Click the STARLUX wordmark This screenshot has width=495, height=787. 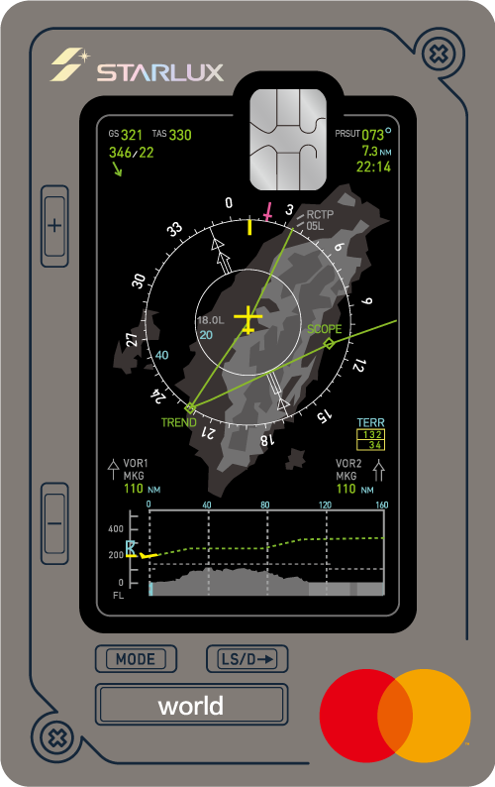pos(160,72)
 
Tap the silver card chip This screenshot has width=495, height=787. pos(288,140)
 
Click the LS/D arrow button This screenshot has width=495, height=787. pos(247,658)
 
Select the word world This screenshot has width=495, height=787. pos(191,706)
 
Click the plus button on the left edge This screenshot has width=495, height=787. pos(54,226)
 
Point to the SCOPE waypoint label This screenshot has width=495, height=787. pos(325,329)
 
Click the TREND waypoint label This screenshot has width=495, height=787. pos(178,422)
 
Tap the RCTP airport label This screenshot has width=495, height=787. pos(320,214)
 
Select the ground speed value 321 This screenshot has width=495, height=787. pos(132,135)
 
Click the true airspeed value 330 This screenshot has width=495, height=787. pos(180,135)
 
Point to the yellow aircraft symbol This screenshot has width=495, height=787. pos(247,320)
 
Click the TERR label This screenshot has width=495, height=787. pos(370,422)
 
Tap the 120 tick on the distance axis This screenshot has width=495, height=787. pos(325,505)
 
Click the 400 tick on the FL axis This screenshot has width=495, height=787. pos(116,529)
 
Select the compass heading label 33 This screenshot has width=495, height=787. pos(174,230)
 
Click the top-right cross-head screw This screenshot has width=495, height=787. pos(439,54)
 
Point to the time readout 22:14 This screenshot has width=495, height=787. pos(373,167)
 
